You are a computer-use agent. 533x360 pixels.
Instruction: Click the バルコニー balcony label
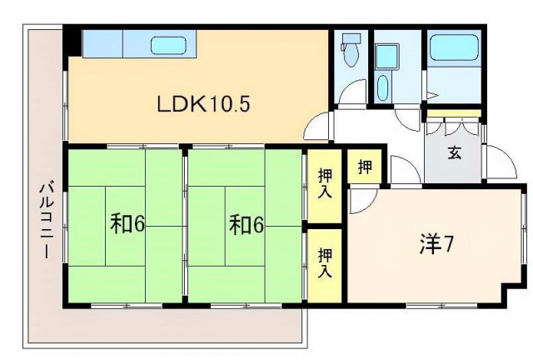click(47, 218)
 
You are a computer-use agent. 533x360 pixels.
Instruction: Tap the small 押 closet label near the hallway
click(366, 165)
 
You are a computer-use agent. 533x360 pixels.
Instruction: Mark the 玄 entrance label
click(455, 153)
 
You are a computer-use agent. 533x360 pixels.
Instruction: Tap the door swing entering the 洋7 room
click(364, 199)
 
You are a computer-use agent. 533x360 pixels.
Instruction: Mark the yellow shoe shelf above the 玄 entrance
click(453, 113)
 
